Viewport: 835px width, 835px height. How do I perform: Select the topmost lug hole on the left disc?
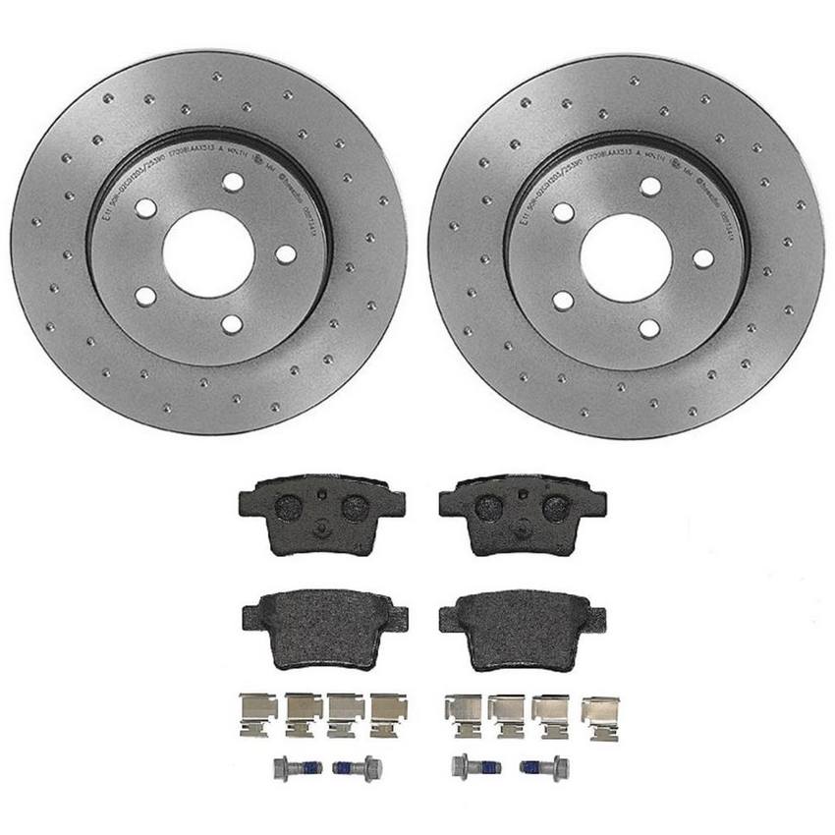click(x=232, y=182)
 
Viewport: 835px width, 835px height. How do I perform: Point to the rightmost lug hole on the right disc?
click(x=703, y=258)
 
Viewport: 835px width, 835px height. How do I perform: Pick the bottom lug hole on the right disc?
click(x=649, y=328)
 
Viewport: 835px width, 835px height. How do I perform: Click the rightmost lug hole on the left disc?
click(x=285, y=253)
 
